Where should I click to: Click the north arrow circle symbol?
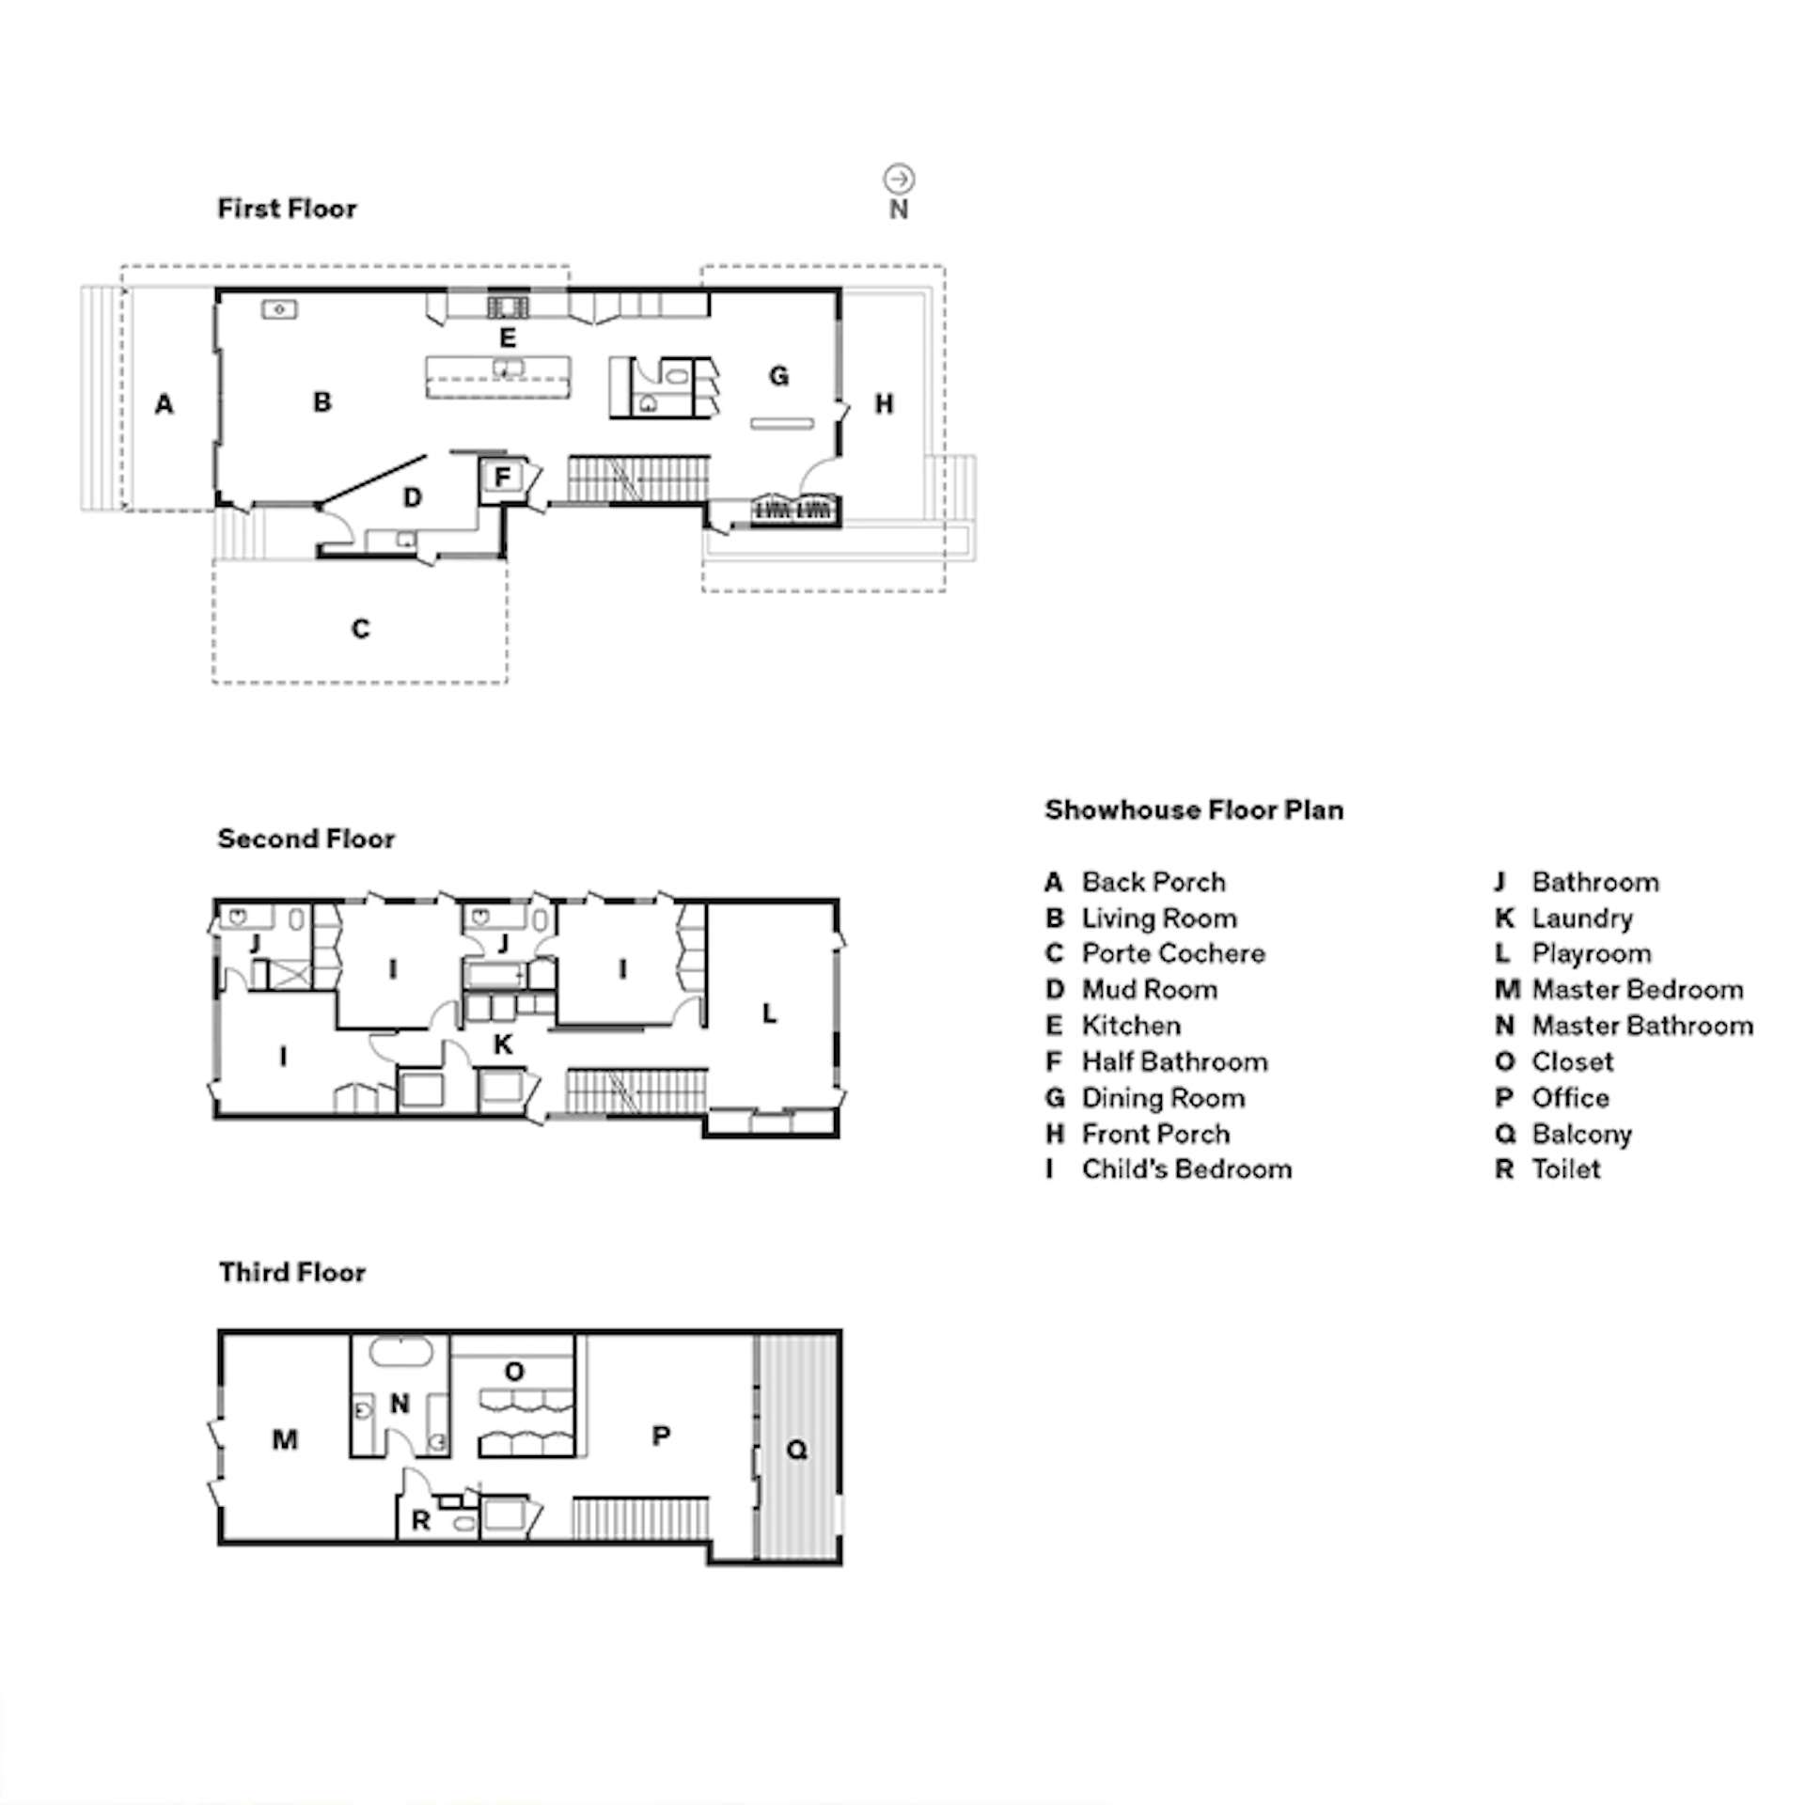(x=899, y=179)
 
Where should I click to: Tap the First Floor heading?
(x=288, y=209)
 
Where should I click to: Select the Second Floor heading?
(x=306, y=839)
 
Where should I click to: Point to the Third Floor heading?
(x=292, y=1273)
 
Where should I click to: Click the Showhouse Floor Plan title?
(x=1194, y=810)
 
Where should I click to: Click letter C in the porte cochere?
(x=361, y=629)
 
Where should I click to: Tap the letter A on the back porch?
(x=165, y=404)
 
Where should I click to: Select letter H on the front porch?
(x=884, y=404)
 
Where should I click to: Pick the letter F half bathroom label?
(x=502, y=478)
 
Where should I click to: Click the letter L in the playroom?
(x=769, y=1013)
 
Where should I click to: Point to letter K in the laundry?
(x=504, y=1044)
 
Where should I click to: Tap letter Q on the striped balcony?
(x=796, y=1450)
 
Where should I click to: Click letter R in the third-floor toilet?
(x=421, y=1520)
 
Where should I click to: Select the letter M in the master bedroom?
(x=285, y=1439)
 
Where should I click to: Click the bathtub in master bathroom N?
(x=400, y=1354)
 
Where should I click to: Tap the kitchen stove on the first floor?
(x=508, y=306)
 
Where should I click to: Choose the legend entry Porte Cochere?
(x=1155, y=954)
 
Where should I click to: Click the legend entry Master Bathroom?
(x=1624, y=1026)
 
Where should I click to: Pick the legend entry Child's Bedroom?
(x=1169, y=1169)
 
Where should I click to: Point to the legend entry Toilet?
(x=1547, y=1169)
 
